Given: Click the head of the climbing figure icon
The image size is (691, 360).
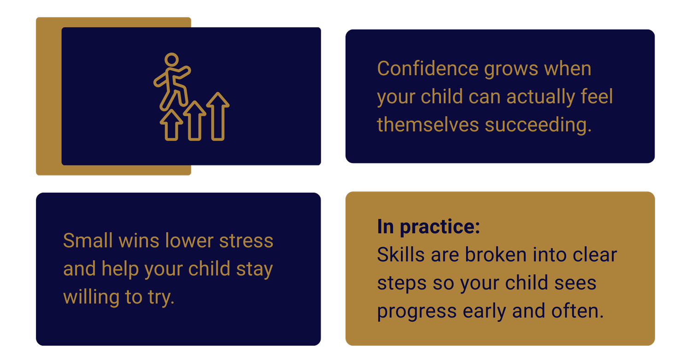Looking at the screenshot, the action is click(171, 59).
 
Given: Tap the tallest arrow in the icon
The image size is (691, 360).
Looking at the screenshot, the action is click(218, 116).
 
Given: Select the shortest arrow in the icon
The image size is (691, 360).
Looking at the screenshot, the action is click(171, 125).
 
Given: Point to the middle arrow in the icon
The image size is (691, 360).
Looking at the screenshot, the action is click(195, 121).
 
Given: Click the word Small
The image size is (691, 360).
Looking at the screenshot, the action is click(88, 241).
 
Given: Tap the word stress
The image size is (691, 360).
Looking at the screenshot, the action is click(246, 241).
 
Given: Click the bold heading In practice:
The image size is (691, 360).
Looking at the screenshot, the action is click(428, 227).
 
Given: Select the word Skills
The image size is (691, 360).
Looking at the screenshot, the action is click(401, 255).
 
